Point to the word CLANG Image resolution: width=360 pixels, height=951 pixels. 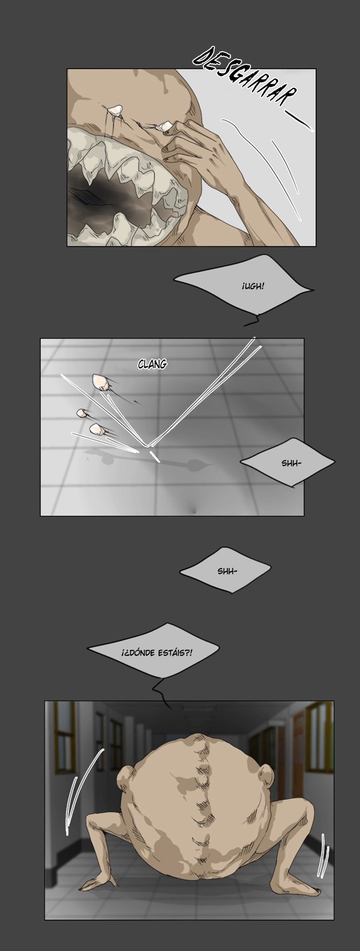(x=152, y=364)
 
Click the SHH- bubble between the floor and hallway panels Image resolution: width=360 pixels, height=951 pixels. (x=227, y=571)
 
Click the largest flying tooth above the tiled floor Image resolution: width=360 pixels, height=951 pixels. (x=101, y=382)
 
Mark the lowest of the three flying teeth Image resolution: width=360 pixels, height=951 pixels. (x=96, y=428)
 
